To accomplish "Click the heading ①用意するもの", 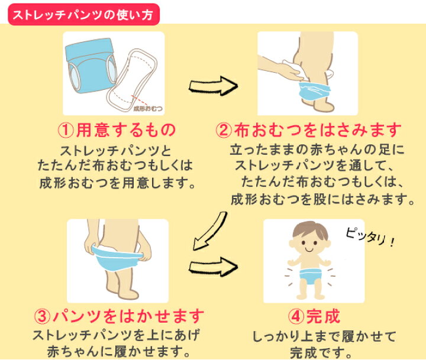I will point(118,129).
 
